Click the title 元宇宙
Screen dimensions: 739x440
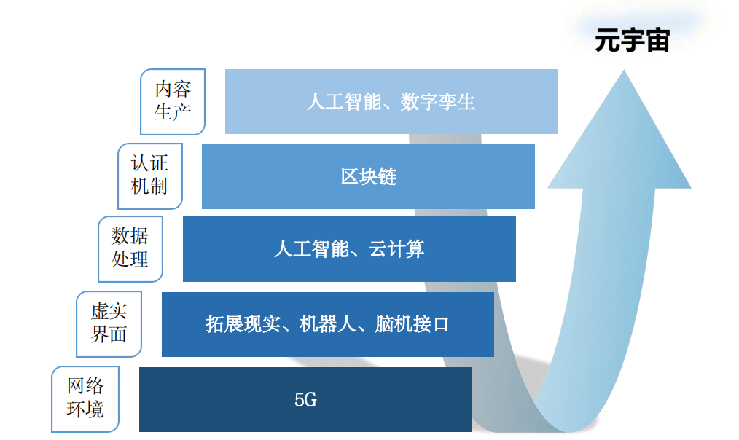(632, 41)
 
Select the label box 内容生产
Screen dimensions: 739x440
(173, 101)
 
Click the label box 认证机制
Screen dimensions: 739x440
(149, 176)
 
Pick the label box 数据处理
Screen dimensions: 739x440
(130, 248)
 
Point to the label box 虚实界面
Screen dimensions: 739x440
(109, 323)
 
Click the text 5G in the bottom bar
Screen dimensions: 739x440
(305, 400)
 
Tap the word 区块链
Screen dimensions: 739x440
(369, 176)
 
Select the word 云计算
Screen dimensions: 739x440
(397, 250)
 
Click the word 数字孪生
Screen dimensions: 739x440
(438, 102)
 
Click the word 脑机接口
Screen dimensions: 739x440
(412, 324)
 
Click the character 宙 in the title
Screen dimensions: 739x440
(657, 41)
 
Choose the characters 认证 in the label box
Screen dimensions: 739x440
(149, 163)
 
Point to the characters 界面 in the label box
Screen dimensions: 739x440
(109, 335)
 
